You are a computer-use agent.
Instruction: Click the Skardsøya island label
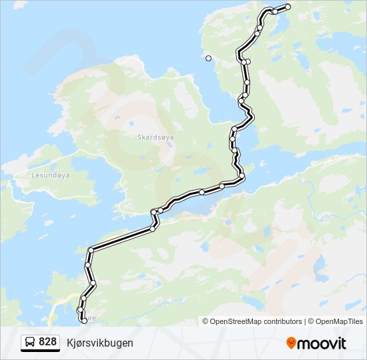click(155, 137)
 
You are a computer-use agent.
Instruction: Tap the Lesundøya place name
click(51, 175)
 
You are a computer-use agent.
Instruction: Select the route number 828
click(47, 342)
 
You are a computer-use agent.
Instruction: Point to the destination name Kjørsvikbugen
click(99, 343)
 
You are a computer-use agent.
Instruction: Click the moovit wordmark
click(322, 343)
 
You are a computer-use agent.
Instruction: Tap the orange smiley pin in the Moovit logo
click(291, 343)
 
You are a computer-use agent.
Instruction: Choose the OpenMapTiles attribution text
click(340, 321)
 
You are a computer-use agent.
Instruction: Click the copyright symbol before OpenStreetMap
click(206, 321)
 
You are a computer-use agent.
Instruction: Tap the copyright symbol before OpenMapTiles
click(312, 321)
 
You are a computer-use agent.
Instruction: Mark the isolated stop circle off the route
click(208, 59)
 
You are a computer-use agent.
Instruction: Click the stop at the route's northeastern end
click(288, 7)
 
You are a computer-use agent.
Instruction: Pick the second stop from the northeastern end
click(274, 11)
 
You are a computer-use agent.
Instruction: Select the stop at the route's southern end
click(83, 319)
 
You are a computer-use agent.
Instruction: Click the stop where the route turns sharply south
click(90, 250)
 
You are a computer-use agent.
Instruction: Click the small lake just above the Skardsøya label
click(131, 123)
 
